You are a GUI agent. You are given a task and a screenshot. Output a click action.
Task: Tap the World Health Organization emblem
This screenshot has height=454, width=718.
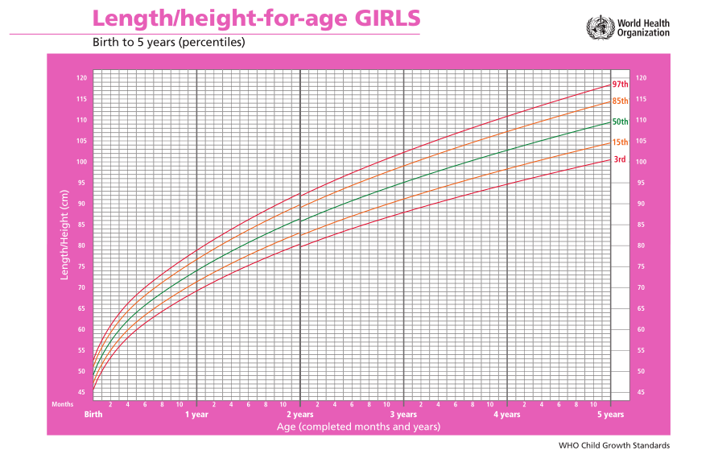[x=600, y=27]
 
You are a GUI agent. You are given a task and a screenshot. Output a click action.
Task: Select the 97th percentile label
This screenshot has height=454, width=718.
[x=621, y=85]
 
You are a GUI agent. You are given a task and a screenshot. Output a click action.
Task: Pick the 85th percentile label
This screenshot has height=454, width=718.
[x=621, y=101]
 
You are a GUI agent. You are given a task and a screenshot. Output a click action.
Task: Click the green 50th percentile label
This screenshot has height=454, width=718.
[x=621, y=122]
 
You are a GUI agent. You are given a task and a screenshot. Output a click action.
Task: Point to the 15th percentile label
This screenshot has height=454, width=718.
[x=621, y=142]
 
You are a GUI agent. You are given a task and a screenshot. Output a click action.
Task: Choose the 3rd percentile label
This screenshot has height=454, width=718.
[x=620, y=159]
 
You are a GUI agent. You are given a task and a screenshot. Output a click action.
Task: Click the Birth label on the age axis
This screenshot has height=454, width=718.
[x=93, y=414]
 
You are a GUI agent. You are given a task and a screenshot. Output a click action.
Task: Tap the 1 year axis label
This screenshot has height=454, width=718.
[x=196, y=415]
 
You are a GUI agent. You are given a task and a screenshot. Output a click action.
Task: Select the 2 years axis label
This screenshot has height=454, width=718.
[x=300, y=415]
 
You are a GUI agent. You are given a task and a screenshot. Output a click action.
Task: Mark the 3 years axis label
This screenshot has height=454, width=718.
[x=403, y=415]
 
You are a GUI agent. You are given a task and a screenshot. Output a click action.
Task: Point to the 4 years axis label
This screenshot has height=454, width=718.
[x=507, y=415]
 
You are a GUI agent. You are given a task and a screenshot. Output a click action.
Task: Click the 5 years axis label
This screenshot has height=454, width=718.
[x=610, y=415]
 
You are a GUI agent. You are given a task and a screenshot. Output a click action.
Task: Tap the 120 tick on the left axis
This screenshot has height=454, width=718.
[x=81, y=78]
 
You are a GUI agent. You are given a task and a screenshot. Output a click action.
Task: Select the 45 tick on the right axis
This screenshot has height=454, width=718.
[x=641, y=392]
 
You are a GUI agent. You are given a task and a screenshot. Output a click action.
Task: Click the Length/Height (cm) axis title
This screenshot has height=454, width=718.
[x=64, y=234]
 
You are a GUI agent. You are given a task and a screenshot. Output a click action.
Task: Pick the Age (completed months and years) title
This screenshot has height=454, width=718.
[x=358, y=427]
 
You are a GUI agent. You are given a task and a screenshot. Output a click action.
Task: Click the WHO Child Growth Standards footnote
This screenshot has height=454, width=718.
[x=614, y=445]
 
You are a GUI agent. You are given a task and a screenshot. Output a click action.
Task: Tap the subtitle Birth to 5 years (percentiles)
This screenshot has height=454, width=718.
[x=169, y=42]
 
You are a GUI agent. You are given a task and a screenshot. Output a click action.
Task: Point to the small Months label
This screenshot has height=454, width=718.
[x=62, y=404]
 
